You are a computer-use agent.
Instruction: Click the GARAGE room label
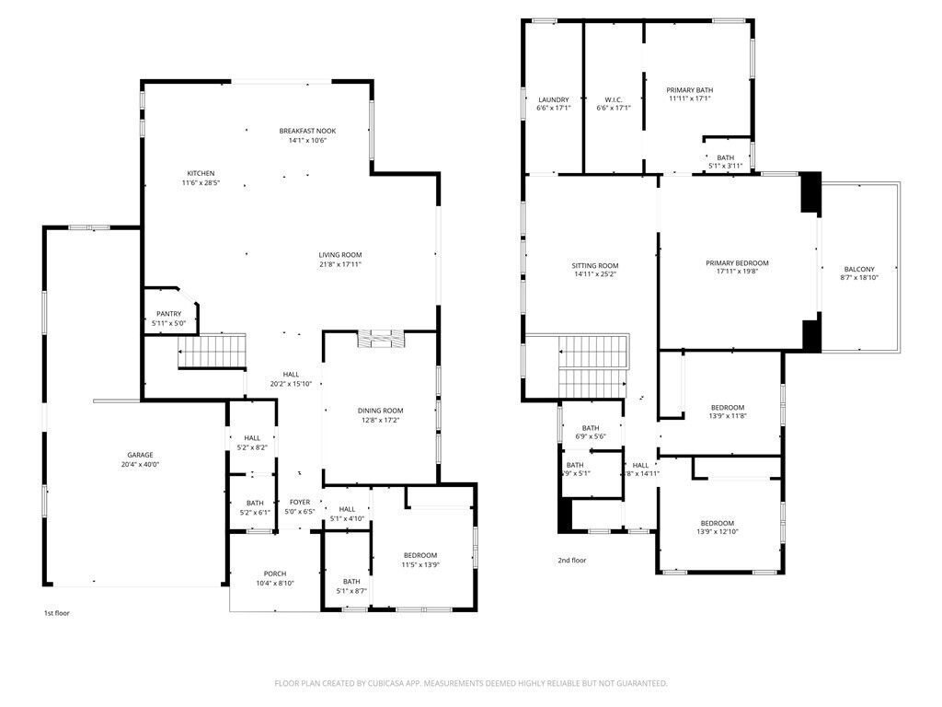pos(140,455)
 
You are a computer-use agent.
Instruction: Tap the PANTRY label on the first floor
pos(168,314)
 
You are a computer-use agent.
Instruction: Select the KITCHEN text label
pos(201,173)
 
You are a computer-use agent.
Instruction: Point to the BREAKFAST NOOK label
pos(307,131)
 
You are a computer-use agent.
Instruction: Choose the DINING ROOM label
pos(380,411)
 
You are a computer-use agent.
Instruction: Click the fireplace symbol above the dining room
pos(379,339)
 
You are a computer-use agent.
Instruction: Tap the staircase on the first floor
pos(213,351)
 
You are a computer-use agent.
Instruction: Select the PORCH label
pos(275,573)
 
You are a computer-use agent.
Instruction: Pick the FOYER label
pos(300,502)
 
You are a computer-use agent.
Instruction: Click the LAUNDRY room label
pos(553,99)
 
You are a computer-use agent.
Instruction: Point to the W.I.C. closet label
pos(614,99)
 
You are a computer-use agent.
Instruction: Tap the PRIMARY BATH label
pos(689,89)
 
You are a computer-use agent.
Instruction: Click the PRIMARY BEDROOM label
pos(737,263)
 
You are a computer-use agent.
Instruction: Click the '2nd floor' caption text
pos(571,560)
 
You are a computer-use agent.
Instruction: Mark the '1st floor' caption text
pos(57,612)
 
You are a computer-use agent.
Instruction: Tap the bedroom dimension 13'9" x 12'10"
pos(717,532)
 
